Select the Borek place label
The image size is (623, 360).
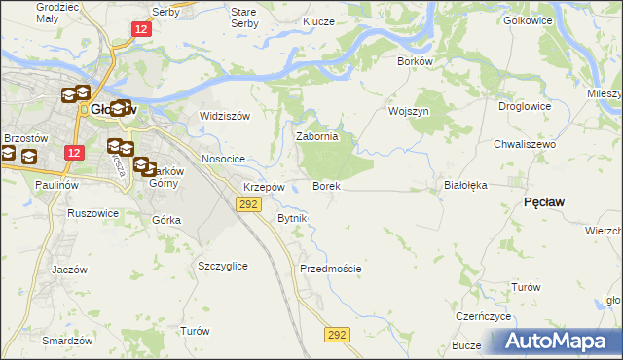click(x=325, y=185)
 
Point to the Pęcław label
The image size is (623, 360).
click(x=546, y=200)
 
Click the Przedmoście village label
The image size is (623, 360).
click(x=331, y=269)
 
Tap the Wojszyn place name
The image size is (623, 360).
click(x=409, y=111)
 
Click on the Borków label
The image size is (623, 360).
click(x=414, y=60)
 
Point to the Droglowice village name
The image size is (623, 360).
click(x=525, y=106)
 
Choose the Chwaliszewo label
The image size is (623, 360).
click(x=524, y=143)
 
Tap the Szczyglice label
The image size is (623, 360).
click(x=222, y=266)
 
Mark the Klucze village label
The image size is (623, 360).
click(x=318, y=20)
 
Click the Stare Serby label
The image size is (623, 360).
click(x=243, y=18)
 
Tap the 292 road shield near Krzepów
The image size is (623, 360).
click(x=248, y=203)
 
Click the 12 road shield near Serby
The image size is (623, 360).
click(x=142, y=30)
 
